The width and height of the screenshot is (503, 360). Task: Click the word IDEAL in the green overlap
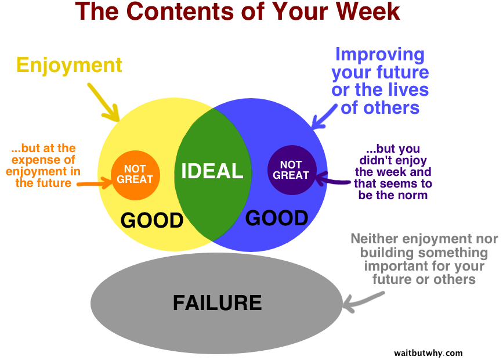click(x=212, y=171)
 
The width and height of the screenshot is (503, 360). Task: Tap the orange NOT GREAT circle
click(x=135, y=175)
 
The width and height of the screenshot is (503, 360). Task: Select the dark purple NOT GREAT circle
click(x=292, y=170)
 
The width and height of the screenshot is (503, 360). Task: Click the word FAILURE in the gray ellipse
click(x=217, y=303)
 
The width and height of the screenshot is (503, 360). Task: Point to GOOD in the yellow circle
click(x=152, y=220)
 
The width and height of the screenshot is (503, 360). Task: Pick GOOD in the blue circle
click(x=277, y=218)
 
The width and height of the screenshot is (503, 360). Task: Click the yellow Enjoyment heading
click(x=69, y=66)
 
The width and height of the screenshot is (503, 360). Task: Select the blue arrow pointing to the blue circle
click(x=324, y=117)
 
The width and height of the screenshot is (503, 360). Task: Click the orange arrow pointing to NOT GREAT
click(x=95, y=183)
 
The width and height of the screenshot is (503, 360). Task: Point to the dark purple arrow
click(x=333, y=179)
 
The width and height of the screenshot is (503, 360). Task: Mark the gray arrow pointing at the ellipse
click(x=363, y=302)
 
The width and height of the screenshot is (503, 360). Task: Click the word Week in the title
click(x=368, y=12)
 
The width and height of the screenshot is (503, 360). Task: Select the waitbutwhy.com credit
click(x=428, y=353)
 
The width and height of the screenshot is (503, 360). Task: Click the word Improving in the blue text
click(x=380, y=55)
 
